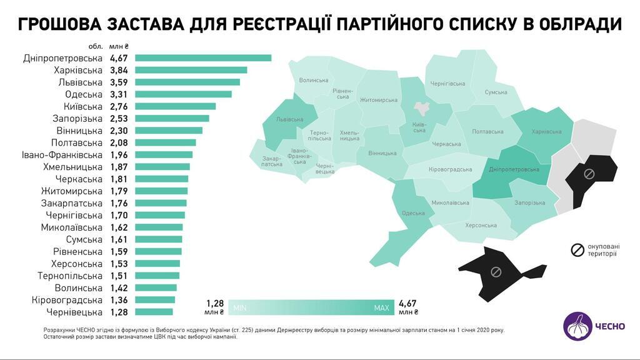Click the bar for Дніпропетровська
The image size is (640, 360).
click(203, 58)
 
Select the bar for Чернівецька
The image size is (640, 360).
click(154, 312)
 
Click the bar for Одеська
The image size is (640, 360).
click(183, 94)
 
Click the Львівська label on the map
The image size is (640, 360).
click(289, 119)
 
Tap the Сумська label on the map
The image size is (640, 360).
click(496, 92)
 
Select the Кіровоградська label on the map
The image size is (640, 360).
click(450, 169)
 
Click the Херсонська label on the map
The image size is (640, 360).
click(480, 224)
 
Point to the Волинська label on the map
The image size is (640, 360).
click(314, 80)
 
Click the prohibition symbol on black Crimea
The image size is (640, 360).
click(496, 271)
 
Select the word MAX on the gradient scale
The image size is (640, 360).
click(381, 308)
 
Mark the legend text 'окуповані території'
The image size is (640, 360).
click(602, 250)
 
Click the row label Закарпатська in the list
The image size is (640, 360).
click(72, 203)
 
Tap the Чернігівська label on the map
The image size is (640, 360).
click(447, 84)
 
